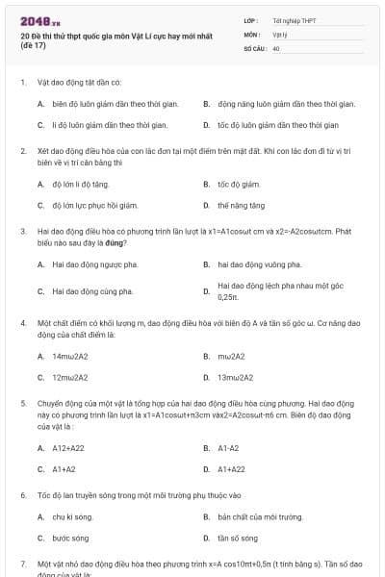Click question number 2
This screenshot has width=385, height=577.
click(22, 151)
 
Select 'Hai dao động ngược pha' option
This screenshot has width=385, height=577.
click(94, 263)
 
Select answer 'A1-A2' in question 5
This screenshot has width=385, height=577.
click(228, 447)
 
